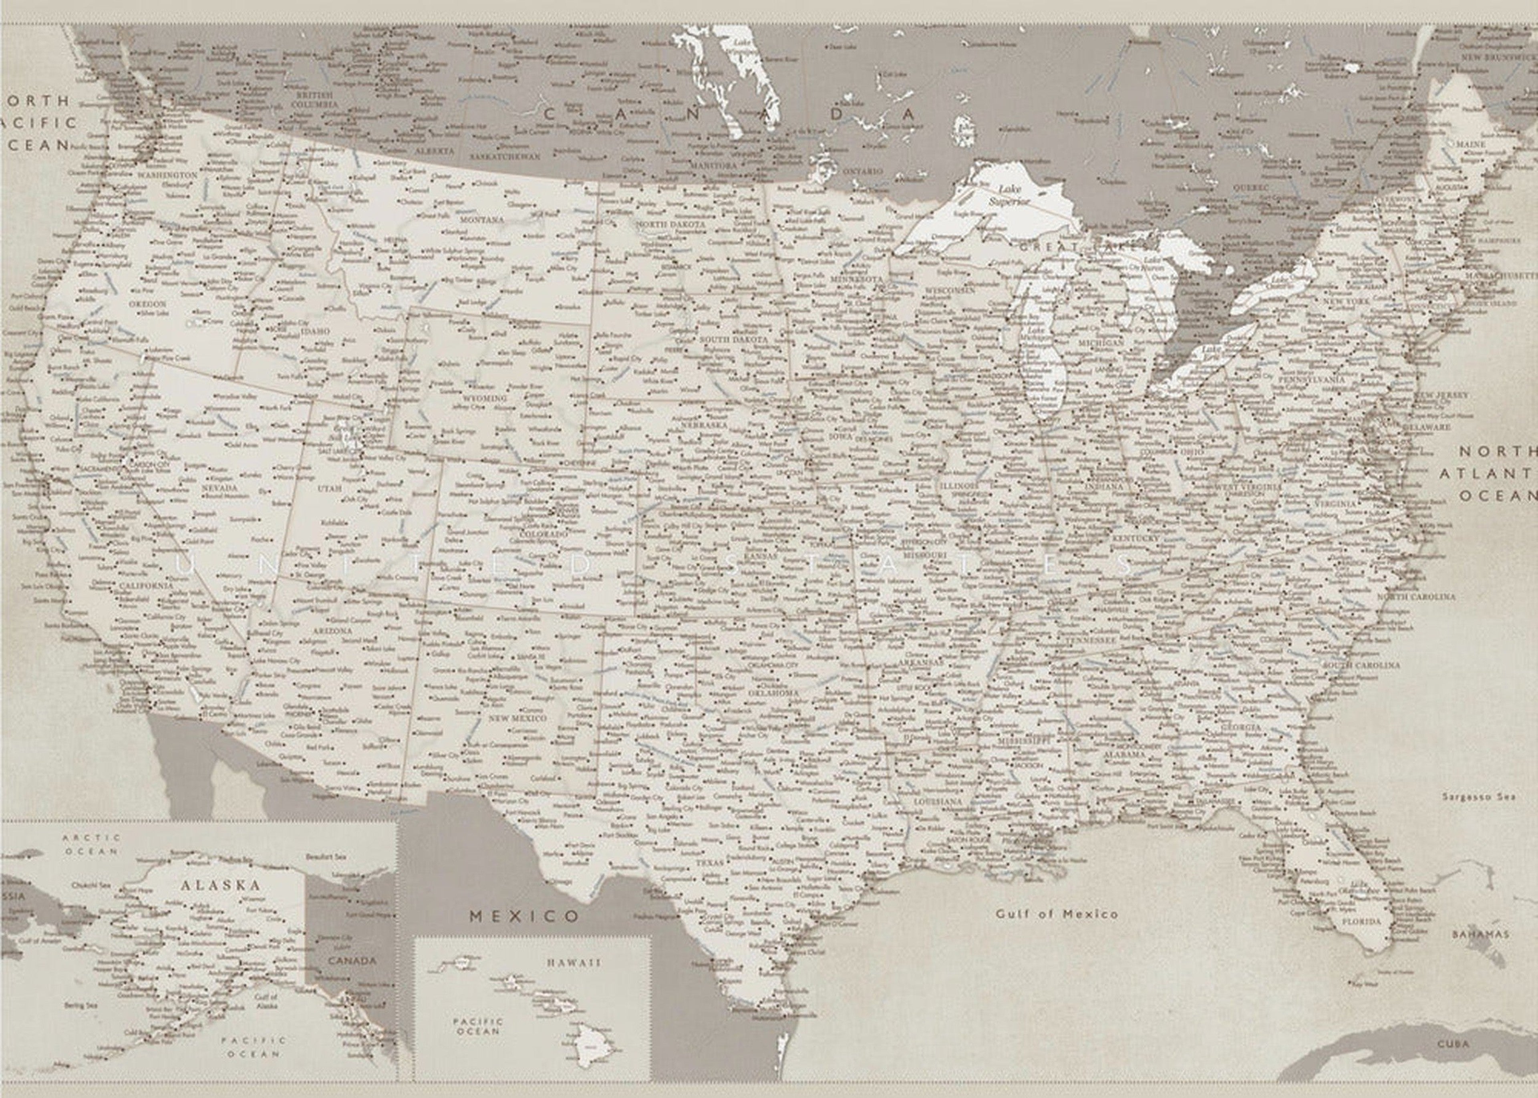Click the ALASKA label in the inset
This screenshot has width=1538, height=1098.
(x=220, y=885)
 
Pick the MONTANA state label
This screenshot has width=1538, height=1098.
(x=481, y=220)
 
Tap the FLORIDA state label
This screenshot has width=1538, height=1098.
(x=1361, y=921)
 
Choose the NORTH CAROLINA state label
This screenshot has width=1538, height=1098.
(x=1416, y=597)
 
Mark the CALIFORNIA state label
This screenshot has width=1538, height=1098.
(x=146, y=586)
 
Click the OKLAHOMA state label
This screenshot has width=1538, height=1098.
(x=773, y=693)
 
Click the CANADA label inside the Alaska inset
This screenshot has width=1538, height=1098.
(x=352, y=961)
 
